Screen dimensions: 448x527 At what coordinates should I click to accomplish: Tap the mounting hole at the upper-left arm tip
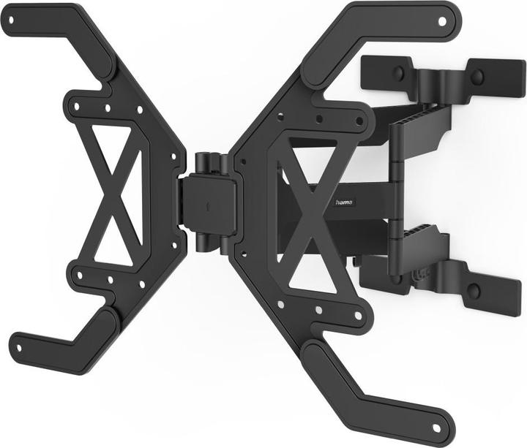pyautogui.click(x=10, y=21)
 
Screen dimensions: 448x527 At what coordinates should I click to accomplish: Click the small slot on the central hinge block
pyautogui.click(x=208, y=207)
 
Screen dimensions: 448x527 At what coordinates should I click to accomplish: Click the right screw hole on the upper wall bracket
pyautogui.click(x=476, y=76)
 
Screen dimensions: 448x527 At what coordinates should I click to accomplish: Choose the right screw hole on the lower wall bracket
pyautogui.click(x=473, y=291)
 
